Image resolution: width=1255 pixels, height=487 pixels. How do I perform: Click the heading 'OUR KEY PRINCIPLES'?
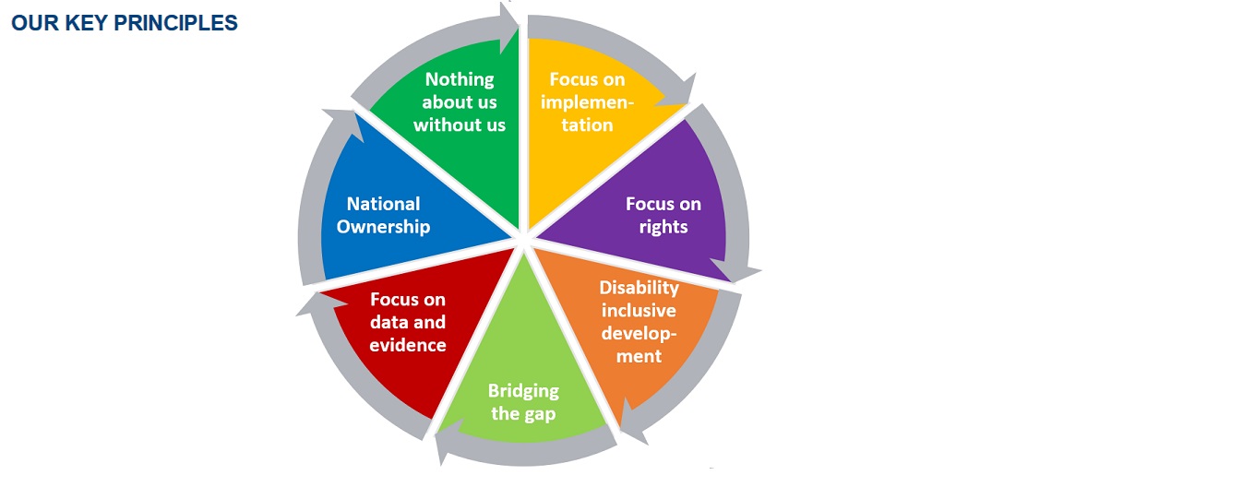(x=125, y=24)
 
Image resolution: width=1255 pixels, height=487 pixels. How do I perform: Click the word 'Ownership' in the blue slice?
(x=383, y=227)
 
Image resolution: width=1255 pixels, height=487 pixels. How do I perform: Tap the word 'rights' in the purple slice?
(x=663, y=227)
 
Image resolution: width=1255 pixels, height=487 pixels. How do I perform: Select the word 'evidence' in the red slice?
(x=408, y=345)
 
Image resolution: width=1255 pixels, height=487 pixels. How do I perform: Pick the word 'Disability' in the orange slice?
(x=639, y=288)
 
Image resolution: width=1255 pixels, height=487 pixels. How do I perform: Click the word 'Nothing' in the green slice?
(x=460, y=79)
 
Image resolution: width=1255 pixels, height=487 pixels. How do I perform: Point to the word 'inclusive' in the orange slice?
(x=639, y=311)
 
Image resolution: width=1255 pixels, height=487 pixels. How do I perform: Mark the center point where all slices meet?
(x=523, y=242)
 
